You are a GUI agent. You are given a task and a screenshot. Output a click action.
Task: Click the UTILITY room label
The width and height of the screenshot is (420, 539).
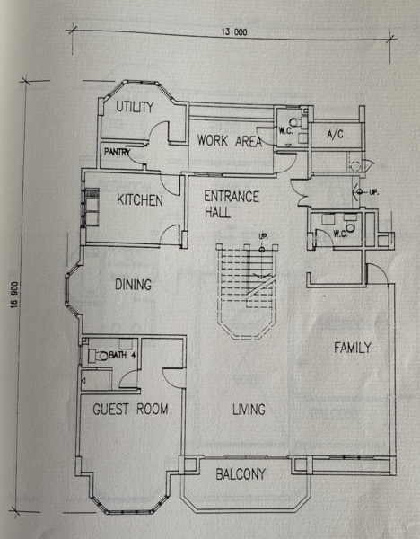tap(135, 107)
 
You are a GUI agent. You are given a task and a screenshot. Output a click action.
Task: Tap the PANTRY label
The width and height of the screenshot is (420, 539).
tap(117, 152)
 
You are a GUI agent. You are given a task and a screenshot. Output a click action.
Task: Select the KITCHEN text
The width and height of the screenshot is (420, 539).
tap(140, 199)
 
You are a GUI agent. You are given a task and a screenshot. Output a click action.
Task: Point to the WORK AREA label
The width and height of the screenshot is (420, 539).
tap(230, 141)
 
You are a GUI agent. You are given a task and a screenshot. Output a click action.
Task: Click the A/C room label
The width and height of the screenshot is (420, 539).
tap(335, 134)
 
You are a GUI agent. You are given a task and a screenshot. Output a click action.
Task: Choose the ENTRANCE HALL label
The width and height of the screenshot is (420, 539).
tap(232, 204)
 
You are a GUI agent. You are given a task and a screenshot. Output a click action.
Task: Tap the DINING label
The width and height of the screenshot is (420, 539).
tap(133, 285)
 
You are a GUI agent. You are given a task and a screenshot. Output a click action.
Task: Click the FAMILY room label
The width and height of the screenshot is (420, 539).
tap(353, 348)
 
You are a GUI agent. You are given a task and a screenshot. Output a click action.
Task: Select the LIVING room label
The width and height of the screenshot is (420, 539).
tap(249, 410)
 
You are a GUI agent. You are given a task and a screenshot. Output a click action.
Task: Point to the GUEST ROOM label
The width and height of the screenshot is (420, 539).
tap(130, 409)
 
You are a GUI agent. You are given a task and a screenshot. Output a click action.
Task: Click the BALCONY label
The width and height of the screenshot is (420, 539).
tap(241, 474)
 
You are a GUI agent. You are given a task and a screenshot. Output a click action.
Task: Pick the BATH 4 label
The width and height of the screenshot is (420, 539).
tap(121, 355)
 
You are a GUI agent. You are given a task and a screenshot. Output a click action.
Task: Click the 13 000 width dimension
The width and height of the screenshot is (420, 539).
tap(234, 32)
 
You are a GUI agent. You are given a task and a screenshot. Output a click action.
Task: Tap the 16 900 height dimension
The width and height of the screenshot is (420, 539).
tap(14, 295)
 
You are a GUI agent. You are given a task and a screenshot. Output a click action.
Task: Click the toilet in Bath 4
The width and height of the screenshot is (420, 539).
tap(99, 356)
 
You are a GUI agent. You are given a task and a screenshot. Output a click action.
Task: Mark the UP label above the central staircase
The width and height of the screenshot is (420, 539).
tap(264, 237)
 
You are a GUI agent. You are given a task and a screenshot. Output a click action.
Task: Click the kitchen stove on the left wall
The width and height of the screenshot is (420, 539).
tap(92, 207)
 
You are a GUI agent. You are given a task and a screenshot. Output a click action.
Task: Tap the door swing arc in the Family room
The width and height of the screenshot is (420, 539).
tap(378, 272)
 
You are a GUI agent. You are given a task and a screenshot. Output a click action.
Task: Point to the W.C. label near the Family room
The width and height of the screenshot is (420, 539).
tap(340, 234)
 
